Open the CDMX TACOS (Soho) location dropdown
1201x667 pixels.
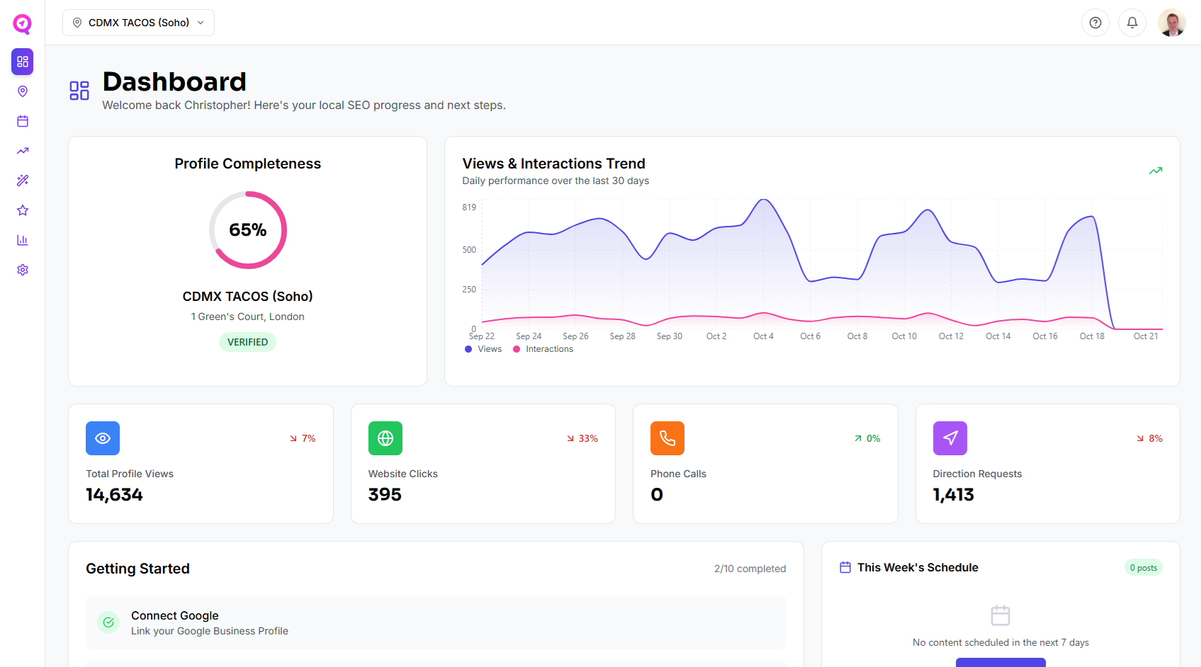click(138, 23)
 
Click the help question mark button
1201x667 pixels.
click(1095, 23)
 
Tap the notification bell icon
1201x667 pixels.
click(1132, 23)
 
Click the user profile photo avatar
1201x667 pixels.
click(1171, 23)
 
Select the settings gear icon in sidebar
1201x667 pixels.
click(23, 270)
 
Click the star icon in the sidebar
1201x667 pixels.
click(23, 210)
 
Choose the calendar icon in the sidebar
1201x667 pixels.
click(23, 121)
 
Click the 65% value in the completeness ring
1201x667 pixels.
click(247, 230)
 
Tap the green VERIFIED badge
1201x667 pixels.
click(247, 342)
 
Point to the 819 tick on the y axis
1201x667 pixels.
click(469, 207)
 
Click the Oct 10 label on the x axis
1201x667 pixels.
click(903, 336)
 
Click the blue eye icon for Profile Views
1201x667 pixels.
click(103, 438)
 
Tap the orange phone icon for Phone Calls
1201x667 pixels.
click(667, 438)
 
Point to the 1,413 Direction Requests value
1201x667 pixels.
click(953, 495)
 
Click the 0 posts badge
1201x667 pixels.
click(1142, 568)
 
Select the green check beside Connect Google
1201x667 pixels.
click(108, 622)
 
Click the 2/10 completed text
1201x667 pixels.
click(750, 569)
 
